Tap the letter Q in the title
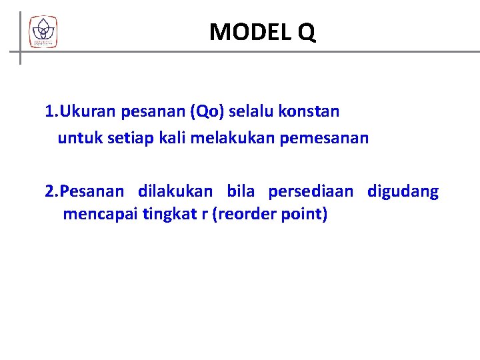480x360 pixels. click(307, 31)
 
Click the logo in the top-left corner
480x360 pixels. click(43, 31)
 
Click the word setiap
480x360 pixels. click(123, 139)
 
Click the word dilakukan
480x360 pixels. click(175, 192)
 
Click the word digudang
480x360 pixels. click(403, 192)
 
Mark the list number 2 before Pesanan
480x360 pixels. click(49, 192)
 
